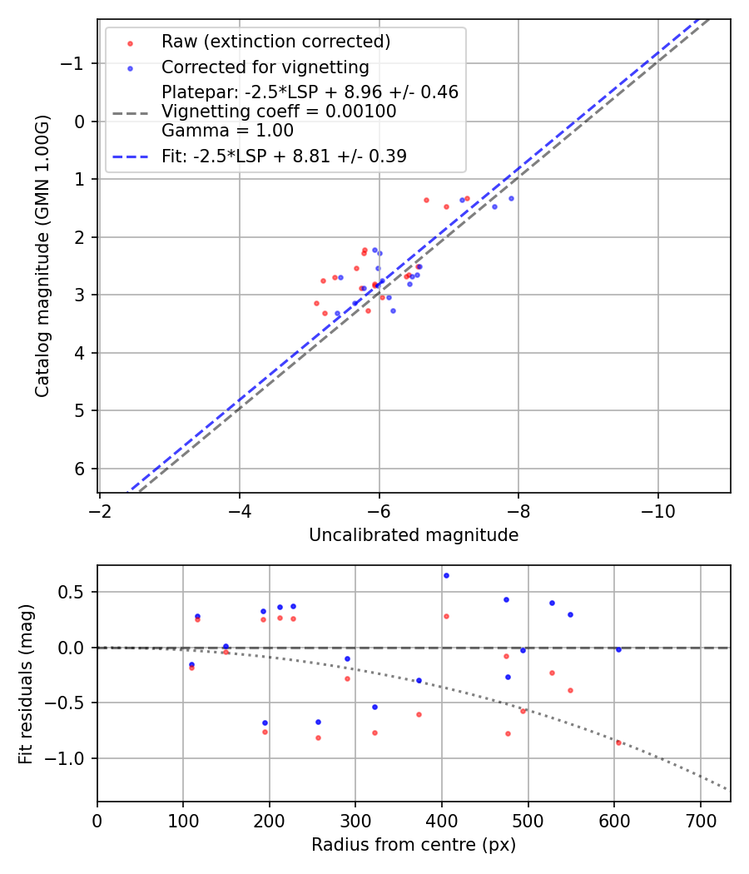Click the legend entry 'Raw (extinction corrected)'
pos(275,42)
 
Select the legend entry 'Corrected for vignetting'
pos(265,67)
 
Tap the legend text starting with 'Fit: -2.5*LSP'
pos(284,156)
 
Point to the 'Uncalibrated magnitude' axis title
pos(414,535)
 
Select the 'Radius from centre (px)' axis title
pos(414,845)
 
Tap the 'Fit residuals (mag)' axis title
pos(25,683)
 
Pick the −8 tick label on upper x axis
pos(518,509)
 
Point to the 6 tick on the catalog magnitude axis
pos(79,469)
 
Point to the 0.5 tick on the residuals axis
pos(73,593)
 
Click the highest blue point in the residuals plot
pos(446,575)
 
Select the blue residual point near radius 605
pos(618,649)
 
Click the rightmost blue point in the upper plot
pos(511,198)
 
